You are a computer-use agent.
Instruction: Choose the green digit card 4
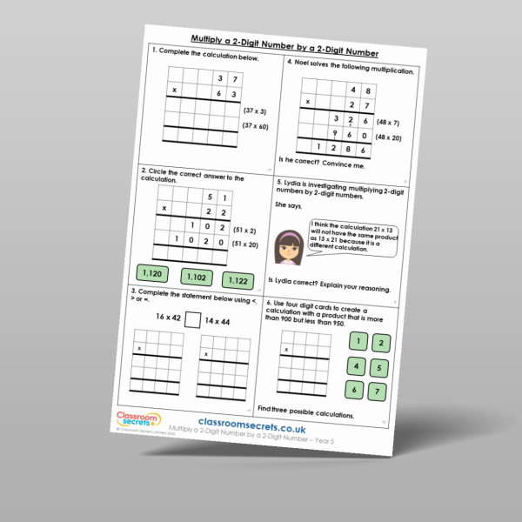[355, 365]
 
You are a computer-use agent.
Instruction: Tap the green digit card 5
[380, 367]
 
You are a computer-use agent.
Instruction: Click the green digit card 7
[378, 391]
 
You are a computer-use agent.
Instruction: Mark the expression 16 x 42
[164, 317]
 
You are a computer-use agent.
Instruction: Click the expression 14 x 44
[221, 322]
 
